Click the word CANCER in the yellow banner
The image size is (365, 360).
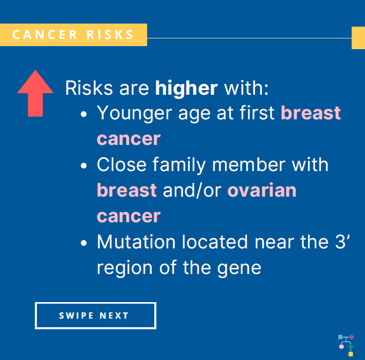[x=45, y=35]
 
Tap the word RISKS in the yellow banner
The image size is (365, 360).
[x=110, y=35]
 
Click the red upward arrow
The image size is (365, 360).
[x=35, y=93]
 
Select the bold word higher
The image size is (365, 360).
[x=187, y=88]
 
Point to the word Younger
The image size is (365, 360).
[x=134, y=113]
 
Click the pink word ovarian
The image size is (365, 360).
[x=262, y=190]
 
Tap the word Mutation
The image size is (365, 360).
[x=136, y=242]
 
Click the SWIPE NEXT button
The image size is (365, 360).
[x=95, y=315]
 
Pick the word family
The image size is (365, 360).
[x=179, y=165]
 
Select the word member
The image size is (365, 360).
[x=249, y=165]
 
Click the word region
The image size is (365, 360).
[x=125, y=268]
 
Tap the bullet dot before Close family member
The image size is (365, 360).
[x=84, y=165]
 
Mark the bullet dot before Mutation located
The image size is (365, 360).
[x=84, y=243]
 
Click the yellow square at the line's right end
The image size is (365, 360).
[x=358, y=38]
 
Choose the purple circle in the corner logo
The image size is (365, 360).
[x=352, y=337]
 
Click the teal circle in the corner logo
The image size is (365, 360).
[x=351, y=347]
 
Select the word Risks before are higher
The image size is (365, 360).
[x=89, y=88]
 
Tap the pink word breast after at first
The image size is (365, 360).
[x=311, y=113]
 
